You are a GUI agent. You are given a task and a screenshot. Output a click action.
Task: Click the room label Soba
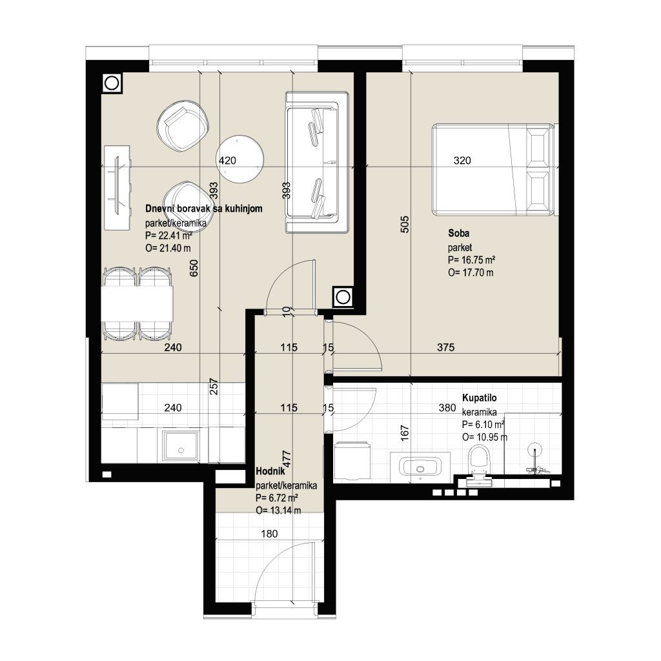(x=459, y=233)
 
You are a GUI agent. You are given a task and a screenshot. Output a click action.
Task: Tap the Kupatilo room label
(x=480, y=398)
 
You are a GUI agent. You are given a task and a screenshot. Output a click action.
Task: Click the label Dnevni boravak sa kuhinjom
(x=203, y=208)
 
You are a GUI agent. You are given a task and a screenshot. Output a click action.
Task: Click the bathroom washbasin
(x=420, y=467)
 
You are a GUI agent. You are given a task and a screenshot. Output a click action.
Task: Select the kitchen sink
(x=181, y=446)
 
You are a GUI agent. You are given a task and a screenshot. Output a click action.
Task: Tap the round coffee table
(x=240, y=159)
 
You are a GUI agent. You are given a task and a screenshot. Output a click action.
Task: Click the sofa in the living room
(x=317, y=162)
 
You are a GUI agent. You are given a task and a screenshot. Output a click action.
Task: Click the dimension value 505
(x=404, y=225)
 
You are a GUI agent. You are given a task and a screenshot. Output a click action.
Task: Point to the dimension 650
(x=194, y=268)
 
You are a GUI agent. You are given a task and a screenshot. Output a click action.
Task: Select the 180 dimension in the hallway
(x=269, y=534)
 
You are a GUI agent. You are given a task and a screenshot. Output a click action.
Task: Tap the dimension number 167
(x=404, y=433)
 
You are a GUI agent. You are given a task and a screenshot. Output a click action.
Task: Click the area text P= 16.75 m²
(x=471, y=259)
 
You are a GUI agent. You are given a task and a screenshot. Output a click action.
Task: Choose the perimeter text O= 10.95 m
(x=485, y=437)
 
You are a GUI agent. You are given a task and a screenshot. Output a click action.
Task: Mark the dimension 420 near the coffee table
(x=228, y=160)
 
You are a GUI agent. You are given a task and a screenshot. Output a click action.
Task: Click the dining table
(x=137, y=303)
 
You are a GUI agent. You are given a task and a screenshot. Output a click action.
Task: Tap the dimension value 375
(x=445, y=347)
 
